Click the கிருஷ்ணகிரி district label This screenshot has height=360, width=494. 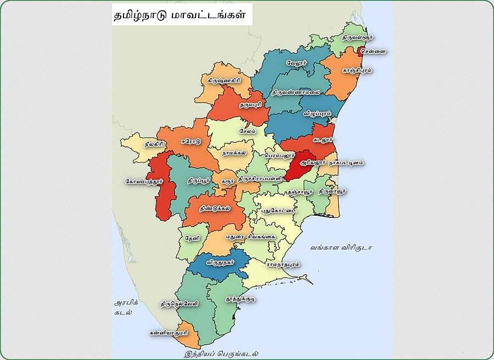coord(224,80)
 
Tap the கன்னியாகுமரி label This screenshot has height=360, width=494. coord(169,333)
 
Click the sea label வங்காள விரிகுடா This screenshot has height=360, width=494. coord(341,248)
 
